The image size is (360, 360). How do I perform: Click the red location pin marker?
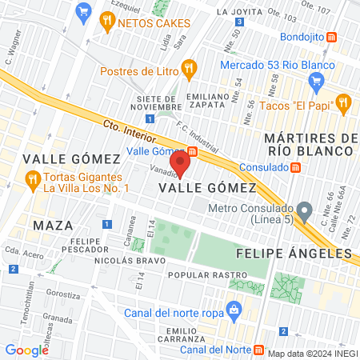(x=181, y=164)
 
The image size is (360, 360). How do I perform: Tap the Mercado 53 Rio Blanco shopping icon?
(x=316, y=79)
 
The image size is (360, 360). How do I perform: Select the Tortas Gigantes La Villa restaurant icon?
(x=32, y=177)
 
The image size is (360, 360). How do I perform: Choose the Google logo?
(x=26, y=350)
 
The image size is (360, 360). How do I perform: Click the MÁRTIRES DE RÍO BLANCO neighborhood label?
(x=312, y=146)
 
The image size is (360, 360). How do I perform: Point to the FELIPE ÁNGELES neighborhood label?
(x=294, y=254)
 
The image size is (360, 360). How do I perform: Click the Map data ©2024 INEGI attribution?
(x=312, y=354)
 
